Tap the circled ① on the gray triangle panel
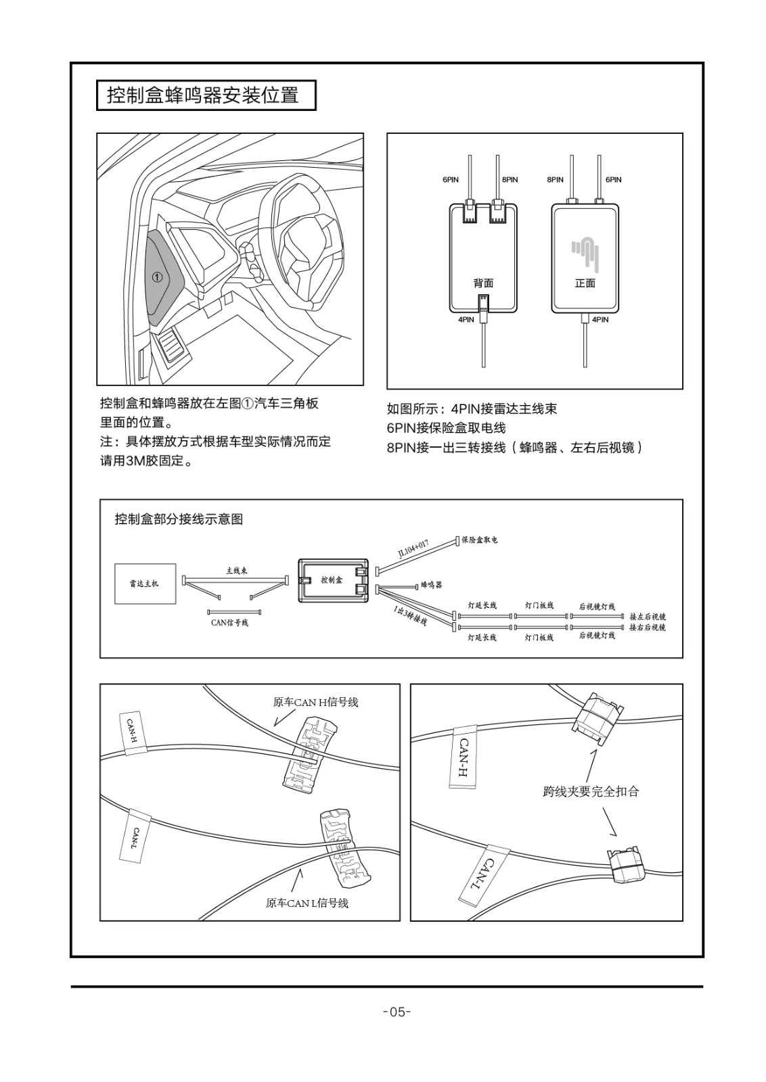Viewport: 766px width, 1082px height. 157,277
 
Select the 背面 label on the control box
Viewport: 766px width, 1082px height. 483,283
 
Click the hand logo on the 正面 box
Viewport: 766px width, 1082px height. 585,251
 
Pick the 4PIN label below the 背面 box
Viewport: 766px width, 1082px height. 466,319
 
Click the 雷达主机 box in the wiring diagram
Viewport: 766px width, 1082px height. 145,583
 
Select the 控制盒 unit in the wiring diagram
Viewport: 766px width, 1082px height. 332,580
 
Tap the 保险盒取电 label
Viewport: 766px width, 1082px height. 479,540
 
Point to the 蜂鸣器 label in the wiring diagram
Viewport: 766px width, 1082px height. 431,584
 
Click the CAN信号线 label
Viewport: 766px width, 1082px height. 229,622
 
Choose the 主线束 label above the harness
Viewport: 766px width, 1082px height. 236,571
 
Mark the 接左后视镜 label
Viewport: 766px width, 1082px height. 648,617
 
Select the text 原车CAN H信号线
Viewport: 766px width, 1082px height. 315,702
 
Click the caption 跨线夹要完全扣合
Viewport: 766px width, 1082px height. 591,791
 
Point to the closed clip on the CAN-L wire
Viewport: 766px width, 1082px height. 626,864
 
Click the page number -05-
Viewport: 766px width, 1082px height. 397,1012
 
